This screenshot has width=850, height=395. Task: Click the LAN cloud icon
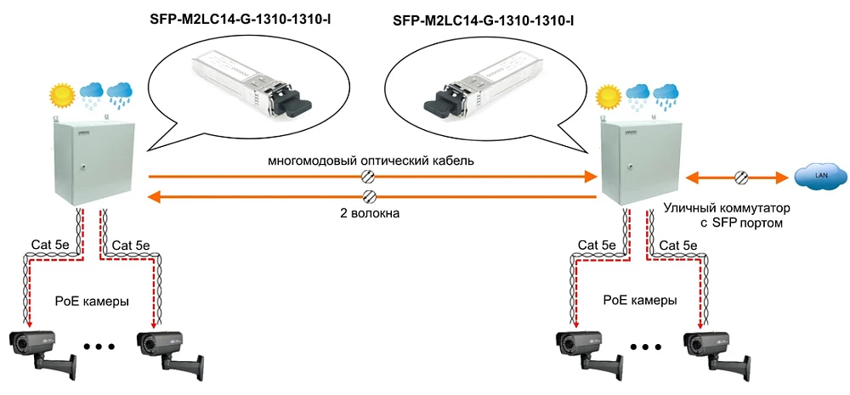coord(820,177)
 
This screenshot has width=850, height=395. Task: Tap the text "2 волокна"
coord(369,214)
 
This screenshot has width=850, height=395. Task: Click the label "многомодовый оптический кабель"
coord(371,160)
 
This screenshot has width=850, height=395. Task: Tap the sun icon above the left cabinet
coord(62,94)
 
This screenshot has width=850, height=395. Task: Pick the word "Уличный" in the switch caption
coord(696,208)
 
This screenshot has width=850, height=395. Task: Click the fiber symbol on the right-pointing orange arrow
coord(369,177)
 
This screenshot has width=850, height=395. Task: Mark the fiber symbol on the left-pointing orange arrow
coord(369,197)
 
